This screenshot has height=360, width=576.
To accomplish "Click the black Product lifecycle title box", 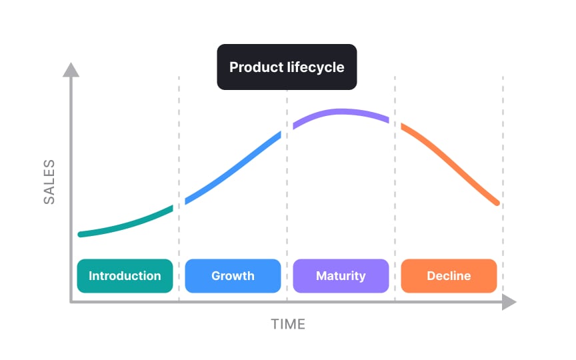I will pyautogui.click(x=287, y=67).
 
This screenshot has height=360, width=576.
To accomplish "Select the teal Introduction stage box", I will pyautogui.click(x=125, y=276).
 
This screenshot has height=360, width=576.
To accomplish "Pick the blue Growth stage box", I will pyautogui.click(x=233, y=276).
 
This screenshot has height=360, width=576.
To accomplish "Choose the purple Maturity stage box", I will pyautogui.click(x=341, y=276).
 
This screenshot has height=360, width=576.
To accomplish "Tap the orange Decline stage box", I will pyautogui.click(x=449, y=276).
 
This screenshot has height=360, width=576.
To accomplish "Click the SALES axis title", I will pyautogui.click(x=49, y=181).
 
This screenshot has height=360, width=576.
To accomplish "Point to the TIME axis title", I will pyautogui.click(x=288, y=325).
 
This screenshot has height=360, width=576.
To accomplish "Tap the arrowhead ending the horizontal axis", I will pyautogui.click(x=509, y=302).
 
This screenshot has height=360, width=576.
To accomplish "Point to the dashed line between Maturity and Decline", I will pyautogui.click(x=395, y=200).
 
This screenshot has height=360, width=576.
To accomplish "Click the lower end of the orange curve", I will pyautogui.click(x=497, y=202).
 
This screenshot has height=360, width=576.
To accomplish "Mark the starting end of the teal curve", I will pyautogui.click(x=81, y=234).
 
